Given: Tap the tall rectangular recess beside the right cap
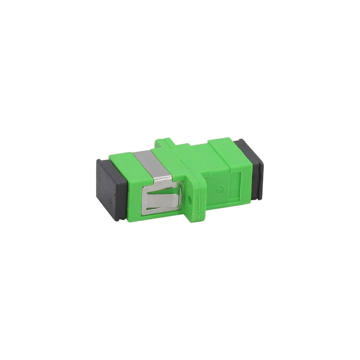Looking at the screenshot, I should [237, 184].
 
